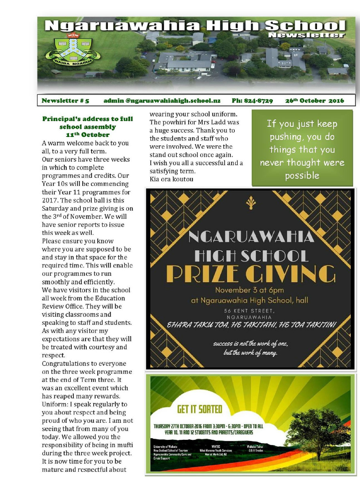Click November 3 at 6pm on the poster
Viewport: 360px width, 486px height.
pos(249,290)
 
